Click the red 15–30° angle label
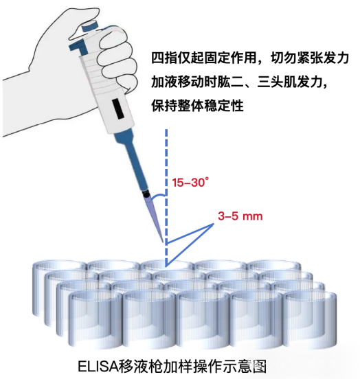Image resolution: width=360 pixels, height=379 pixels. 190,183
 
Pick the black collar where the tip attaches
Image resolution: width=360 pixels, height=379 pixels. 146,191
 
